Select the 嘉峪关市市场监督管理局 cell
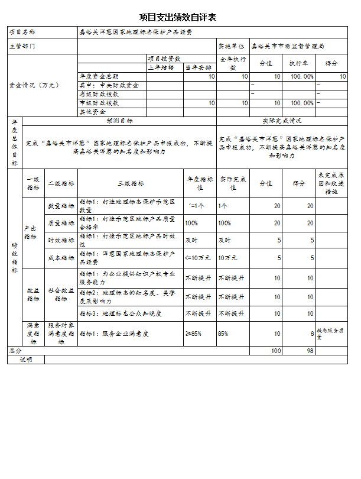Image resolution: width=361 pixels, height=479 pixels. pyautogui.click(x=288, y=46)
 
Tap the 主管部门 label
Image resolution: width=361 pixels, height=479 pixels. pyautogui.click(x=22, y=46)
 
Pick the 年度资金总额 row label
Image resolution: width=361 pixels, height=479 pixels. pyautogui.click(x=99, y=77)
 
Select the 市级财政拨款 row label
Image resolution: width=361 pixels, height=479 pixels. pyautogui.click(x=99, y=103)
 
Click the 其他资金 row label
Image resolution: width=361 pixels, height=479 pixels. pyautogui.click(x=92, y=111)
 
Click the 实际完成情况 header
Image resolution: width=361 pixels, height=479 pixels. pyautogui.click(x=282, y=121)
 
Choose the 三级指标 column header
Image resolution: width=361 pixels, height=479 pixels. pyautogui.click(x=130, y=183)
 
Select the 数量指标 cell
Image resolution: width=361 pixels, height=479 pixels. pyautogui.click(x=61, y=206)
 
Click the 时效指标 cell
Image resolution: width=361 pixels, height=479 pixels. pyautogui.click(x=61, y=240)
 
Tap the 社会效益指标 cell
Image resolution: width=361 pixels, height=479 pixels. pyautogui.click(x=61, y=294)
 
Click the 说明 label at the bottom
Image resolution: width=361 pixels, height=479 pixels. pyautogui.click(x=26, y=359)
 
